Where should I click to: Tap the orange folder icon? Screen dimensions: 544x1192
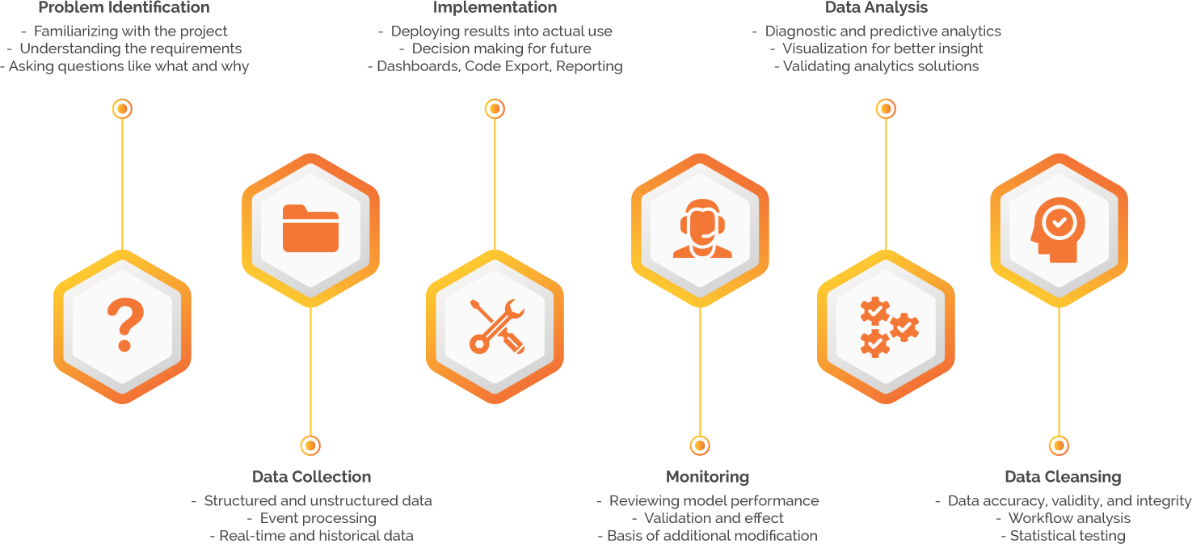tap(310, 229)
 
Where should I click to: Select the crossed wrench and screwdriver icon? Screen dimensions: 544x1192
tap(495, 326)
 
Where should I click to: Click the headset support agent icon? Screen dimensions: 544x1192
tap(701, 229)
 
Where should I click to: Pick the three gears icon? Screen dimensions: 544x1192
tap(887, 326)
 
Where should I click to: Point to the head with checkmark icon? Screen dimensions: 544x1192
tap(1059, 229)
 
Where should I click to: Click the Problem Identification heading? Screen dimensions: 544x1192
tap(124, 8)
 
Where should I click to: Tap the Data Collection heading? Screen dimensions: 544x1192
tap(312, 477)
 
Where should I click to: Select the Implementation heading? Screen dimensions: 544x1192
tap(495, 8)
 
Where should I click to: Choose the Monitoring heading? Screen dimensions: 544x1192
tap(708, 477)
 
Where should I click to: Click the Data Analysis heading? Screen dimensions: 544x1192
tap(876, 8)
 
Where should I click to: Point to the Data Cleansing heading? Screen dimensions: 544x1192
tap(1063, 477)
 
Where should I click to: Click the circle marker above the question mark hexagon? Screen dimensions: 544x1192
tap(122, 108)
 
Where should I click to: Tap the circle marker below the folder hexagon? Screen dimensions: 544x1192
tap(310, 445)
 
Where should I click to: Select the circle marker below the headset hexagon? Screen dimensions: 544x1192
tap(700, 445)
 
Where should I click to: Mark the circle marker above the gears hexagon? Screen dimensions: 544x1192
tap(886, 108)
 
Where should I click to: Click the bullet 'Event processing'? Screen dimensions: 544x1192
tap(318, 518)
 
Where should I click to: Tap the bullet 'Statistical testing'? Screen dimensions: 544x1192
tap(1067, 536)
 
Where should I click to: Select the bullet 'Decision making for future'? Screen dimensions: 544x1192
tap(501, 48)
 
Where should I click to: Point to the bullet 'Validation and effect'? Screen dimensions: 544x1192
tap(714, 518)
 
